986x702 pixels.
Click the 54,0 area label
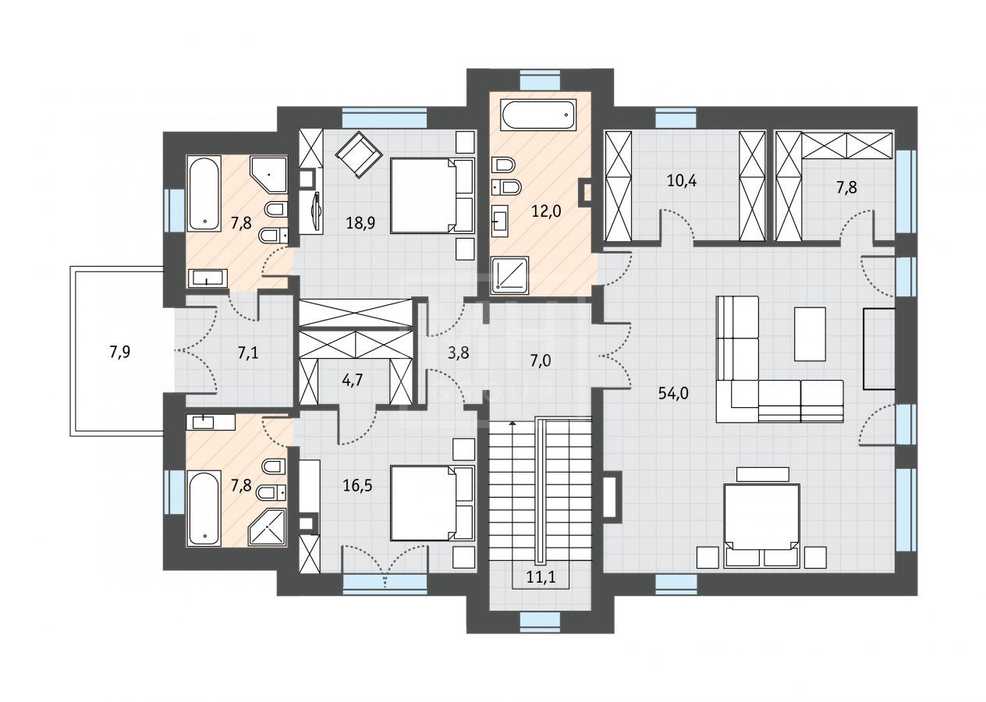point(673,393)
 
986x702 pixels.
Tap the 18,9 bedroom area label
point(360,223)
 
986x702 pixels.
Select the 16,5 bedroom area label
point(357,486)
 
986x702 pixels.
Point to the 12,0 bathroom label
point(546,211)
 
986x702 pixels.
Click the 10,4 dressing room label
point(682,180)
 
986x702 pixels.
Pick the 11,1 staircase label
point(541,577)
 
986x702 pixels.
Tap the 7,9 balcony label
point(119,352)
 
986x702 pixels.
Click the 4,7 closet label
point(352,379)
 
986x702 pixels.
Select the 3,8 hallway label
point(458,353)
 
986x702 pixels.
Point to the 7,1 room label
point(248,353)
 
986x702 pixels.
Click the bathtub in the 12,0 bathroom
point(538,115)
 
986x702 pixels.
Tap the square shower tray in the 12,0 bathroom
point(509,275)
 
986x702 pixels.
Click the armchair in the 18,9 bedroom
point(359,154)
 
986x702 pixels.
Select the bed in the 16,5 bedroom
point(432,503)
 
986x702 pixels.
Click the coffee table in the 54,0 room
point(810,334)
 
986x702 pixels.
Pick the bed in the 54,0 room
point(761,525)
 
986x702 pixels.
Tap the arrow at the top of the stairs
point(512,423)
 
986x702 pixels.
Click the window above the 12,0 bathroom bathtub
point(540,80)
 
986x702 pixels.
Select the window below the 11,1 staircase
point(540,622)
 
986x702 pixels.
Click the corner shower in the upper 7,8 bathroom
point(268,175)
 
